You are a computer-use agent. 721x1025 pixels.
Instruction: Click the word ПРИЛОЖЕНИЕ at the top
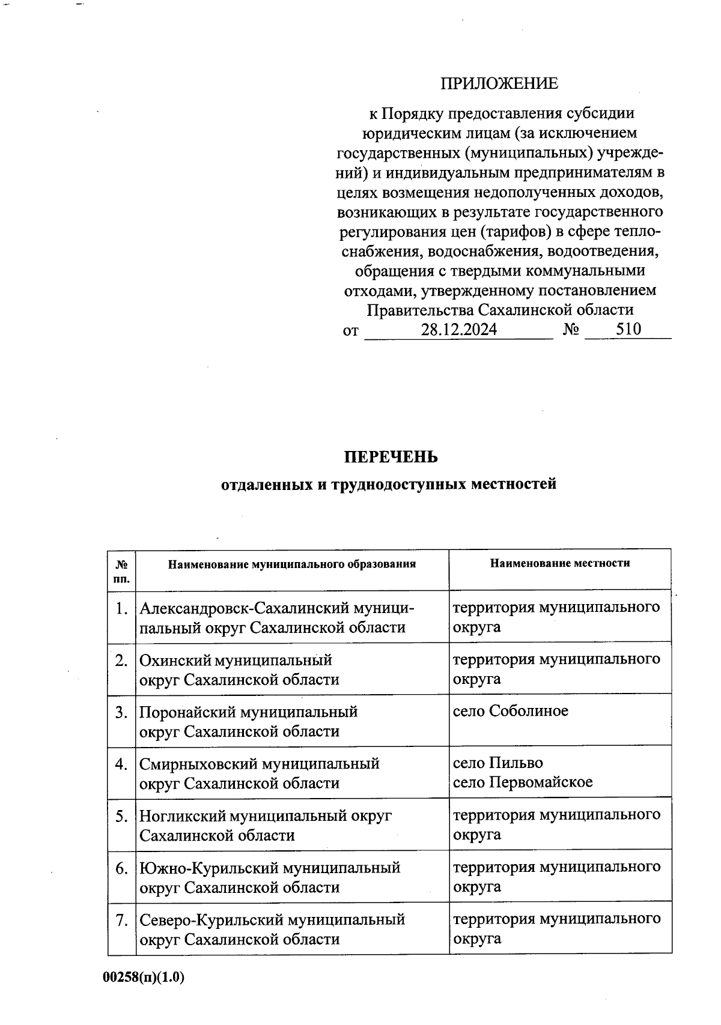pyautogui.click(x=499, y=83)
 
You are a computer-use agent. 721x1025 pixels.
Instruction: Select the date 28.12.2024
pyautogui.click(x=458, y=330)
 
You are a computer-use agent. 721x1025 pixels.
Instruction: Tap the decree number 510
pyautogui.click(x=628, y=329)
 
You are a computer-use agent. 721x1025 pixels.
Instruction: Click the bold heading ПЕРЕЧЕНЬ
pyautogui.click(x=391, y=458)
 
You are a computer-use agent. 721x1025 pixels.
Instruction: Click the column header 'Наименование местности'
pyautogui.click(x=559, y=563)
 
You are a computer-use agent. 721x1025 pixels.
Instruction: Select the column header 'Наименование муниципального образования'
pyautogui.click(x=291, y=564)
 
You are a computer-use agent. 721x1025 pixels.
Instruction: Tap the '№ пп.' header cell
pyautogui.click(x=121, y=572)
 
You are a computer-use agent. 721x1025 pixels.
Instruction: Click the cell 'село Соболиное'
pyautogui.click(x=510, y=712)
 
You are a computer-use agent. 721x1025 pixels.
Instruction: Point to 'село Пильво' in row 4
pyautogui.click(x=497, y=763)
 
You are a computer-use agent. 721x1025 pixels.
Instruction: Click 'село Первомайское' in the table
pyautogui.click(x=522, y=782)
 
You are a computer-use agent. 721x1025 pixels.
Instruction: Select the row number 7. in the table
pyautogui.click(x=122, y=920)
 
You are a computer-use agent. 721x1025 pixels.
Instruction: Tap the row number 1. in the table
pyautogui.click(x=122, y=609)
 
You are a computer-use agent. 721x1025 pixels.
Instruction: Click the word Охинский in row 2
pyautogui.click(x=175, y=661)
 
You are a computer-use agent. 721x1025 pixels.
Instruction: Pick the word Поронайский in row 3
pyautogui.click(x=187, y=713)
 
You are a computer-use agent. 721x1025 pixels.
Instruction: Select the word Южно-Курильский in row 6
pyautogui.click(x=208, y=868)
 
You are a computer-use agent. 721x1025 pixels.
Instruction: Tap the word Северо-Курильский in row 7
pyautogui.click(x=211, y=920)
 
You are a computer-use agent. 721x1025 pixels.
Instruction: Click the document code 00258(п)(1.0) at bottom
pyautogui.click(x=144, y=978)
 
